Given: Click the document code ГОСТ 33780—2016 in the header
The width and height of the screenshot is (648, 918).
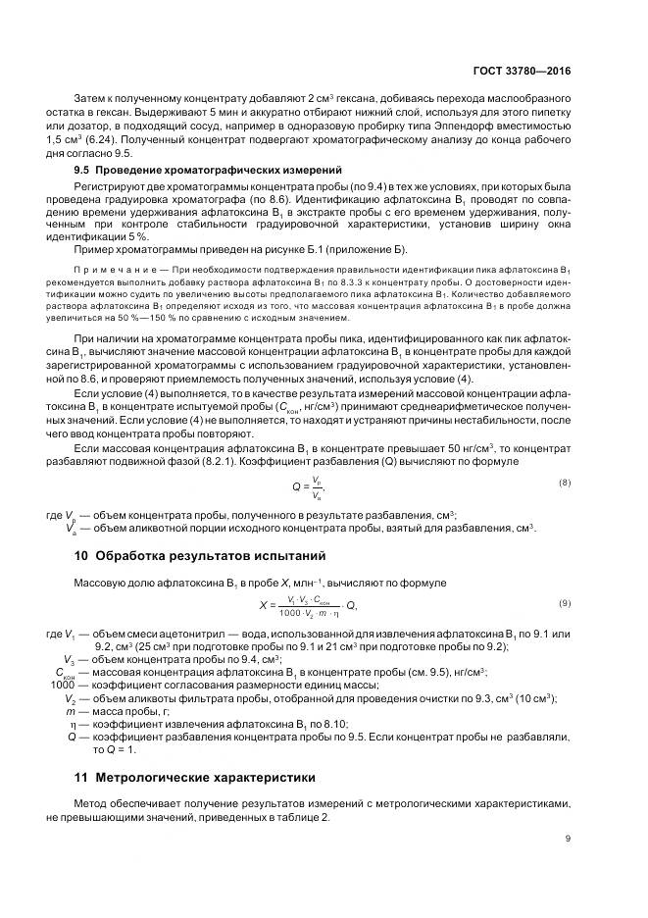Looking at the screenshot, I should (x=522, y=72).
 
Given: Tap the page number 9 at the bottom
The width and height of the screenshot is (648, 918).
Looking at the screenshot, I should (x=568, y=839).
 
